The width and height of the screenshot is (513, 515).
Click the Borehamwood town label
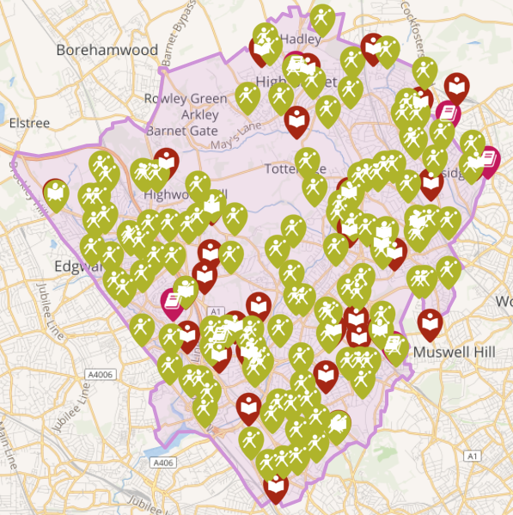(x=107, y=50)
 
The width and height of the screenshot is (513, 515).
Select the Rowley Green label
(x=186, y=98)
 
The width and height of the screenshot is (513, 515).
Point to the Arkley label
(x=199, y=114)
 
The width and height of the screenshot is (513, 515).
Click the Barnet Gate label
(x=182, y=131)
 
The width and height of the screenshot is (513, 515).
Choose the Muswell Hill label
(x=455, y=353)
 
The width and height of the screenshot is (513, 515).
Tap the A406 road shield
(x=162, y=463)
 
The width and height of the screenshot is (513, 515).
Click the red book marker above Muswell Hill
(x=431, y=322)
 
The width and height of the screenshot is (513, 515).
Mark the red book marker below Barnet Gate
(x=166, y=160)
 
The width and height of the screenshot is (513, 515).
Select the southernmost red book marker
(x=276, y=488)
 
